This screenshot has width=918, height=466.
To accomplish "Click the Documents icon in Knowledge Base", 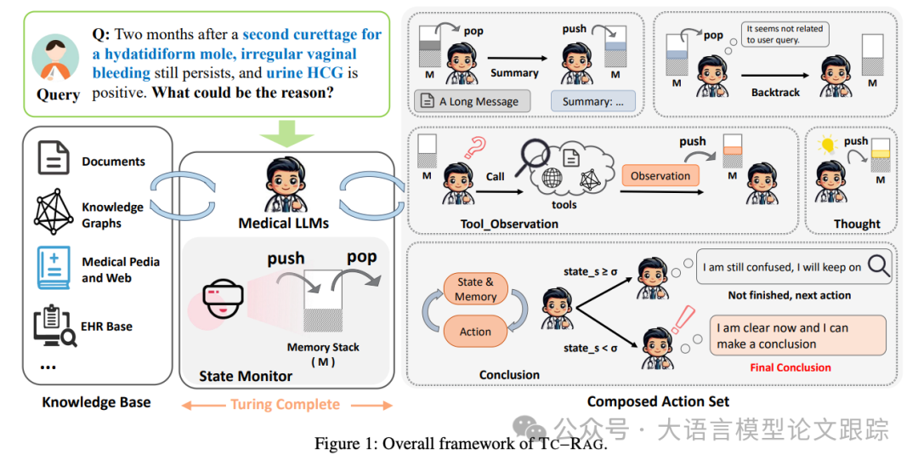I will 54,159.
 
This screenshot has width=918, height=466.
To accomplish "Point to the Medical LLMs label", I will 284,224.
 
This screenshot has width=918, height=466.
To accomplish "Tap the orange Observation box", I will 660,176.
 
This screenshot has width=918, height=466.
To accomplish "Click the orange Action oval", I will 475,332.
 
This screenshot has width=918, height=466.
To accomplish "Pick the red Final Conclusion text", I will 790,367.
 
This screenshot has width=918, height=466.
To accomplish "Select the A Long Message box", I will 473,101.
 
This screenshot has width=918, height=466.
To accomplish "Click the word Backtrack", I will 775,92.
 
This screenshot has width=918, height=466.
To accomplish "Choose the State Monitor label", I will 246,376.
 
